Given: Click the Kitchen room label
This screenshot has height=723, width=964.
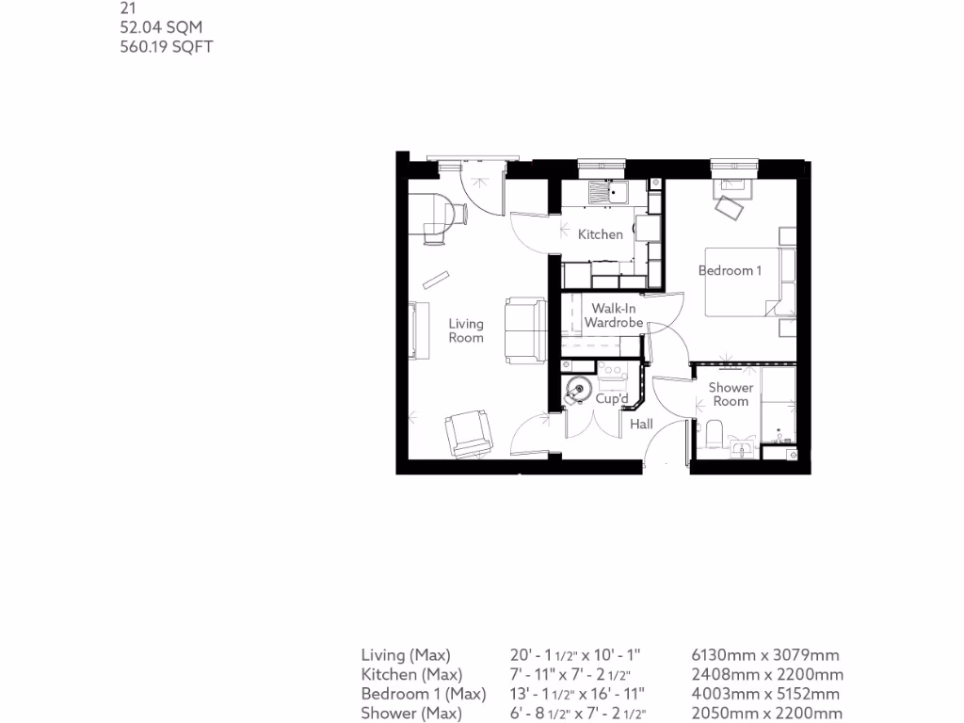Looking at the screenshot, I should [601, 234].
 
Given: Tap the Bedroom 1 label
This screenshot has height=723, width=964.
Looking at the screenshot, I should [730, 271].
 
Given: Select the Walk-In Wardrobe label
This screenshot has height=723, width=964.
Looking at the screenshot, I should [613, 316].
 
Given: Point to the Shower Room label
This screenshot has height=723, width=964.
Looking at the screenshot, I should [731, 394].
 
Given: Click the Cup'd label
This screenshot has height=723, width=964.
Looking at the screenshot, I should [612, 400].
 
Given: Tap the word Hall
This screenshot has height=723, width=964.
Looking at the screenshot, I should [641, 425].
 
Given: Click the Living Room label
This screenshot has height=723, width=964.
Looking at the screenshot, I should [466, 331].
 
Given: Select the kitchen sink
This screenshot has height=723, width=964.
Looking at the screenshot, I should [608, 194].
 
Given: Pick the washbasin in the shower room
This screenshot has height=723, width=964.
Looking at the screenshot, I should [744, 449].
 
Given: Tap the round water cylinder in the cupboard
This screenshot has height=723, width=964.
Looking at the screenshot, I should [577, 388].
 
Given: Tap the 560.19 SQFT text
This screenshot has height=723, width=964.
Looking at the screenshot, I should [166, 46].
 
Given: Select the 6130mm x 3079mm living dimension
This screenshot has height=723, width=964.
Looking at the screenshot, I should [765, 655].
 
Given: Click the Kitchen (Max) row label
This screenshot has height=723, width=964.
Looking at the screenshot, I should [411, 675].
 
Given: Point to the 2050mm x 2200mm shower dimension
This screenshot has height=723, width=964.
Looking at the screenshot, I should [766, 714].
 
